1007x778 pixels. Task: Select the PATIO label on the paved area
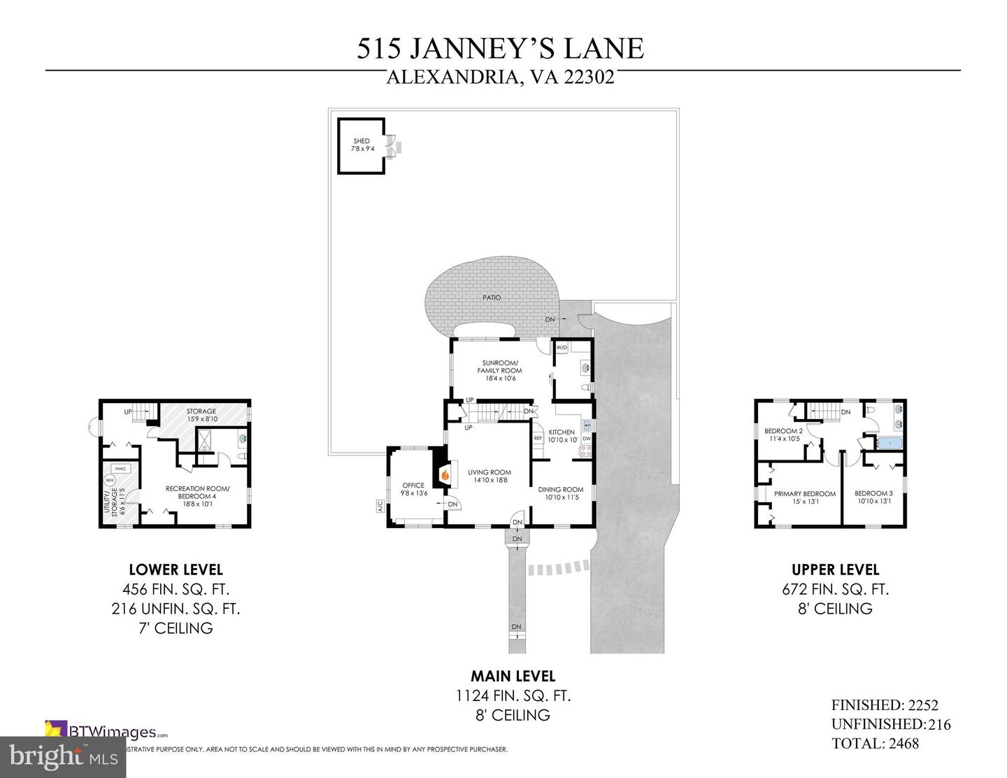[x=492, y=297]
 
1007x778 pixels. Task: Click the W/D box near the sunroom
[x=562, y=347]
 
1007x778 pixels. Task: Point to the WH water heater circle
[x=110, y=481]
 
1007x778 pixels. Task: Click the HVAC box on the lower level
[x=120, y=469]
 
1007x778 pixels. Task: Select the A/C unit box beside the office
[x=380, y=506]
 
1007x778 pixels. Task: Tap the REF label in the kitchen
[x=538, y=438]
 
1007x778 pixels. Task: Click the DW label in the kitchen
[x=587, y=439]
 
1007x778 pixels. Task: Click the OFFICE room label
[x=413, y=485]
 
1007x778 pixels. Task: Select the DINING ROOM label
[x=561, y=489]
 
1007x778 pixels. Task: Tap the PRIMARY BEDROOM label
[x=804, y=493]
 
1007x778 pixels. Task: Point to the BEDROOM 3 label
[x=873, y=493]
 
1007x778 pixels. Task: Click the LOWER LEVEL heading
[x=176, y=570]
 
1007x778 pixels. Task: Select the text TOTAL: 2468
[x=875, y=743]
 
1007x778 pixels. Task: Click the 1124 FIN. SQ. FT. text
[x=513, y=695]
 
